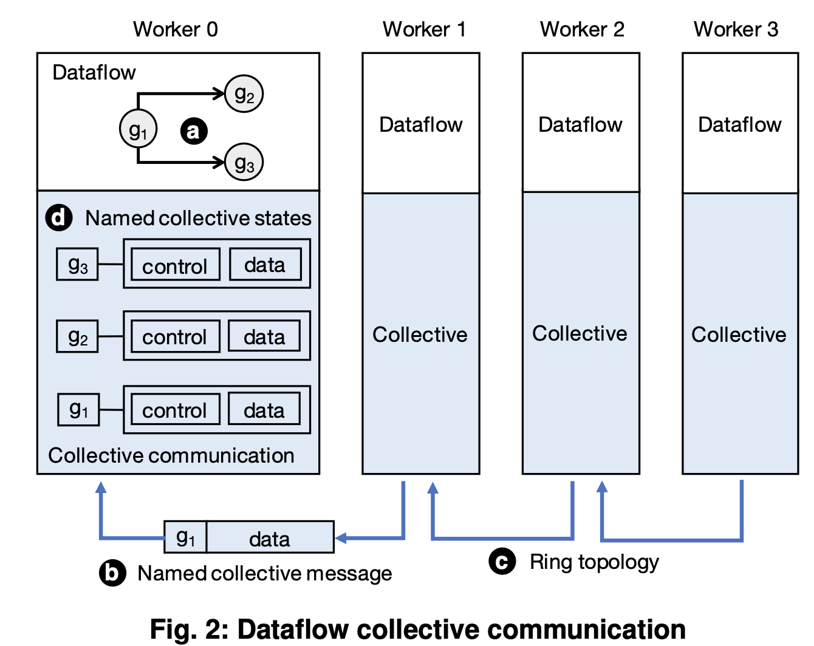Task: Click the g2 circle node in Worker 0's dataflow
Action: pos(244,94)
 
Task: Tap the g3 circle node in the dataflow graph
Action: pos(244,163)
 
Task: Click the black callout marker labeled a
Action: pos(194,131)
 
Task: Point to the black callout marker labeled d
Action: pos(59,217)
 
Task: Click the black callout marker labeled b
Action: pos(112,573)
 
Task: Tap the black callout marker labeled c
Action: pos(502,562)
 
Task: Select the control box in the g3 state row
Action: pos(175,265)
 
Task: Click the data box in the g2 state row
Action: pos(264,336)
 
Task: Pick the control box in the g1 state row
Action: pos(175,410)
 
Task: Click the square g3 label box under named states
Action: pos(77,265)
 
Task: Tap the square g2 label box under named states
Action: pos(77,336)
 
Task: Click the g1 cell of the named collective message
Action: pos(185,537)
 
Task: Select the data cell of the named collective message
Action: pos(270,537)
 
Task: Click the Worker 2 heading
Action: pos(582,29)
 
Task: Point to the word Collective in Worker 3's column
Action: pos(739,335)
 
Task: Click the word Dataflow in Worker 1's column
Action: pos(420,124)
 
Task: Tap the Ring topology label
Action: pos(594,562)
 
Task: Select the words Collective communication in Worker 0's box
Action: pos(171,455)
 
